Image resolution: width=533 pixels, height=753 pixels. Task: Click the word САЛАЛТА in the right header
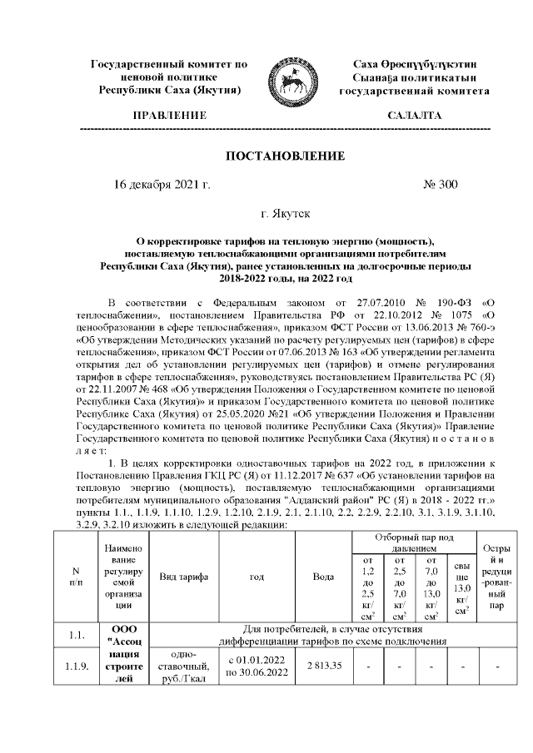pyautogui.click(x=415, y=115)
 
